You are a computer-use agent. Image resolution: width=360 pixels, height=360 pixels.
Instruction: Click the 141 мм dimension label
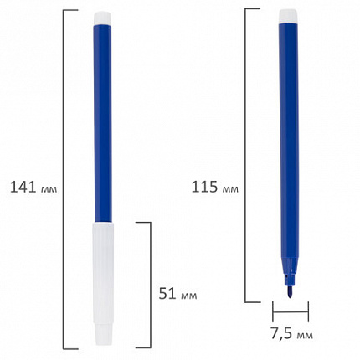click(33, 187)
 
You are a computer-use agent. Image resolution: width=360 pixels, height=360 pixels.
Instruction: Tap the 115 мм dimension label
click(215, 187)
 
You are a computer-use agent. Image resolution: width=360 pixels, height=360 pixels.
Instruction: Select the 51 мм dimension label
click(177, 294)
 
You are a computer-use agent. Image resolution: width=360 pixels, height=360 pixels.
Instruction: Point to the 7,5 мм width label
click(292, 334)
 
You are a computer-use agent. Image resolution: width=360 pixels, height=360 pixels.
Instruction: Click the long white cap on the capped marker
click(103, 283)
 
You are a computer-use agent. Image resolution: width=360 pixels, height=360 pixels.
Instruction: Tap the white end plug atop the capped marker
click(102, 18)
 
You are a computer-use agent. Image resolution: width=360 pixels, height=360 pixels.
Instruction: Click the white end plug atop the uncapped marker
click(288, 16)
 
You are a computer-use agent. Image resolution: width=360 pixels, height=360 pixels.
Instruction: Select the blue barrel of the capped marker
click(103, 123)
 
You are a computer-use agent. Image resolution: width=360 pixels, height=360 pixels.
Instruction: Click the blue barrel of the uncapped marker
click(289, 141)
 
